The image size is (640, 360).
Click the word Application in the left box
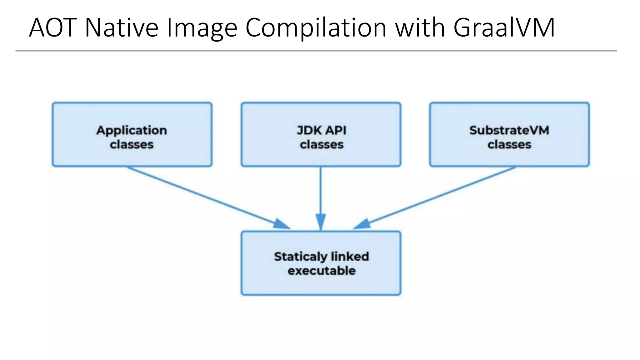(132, 130)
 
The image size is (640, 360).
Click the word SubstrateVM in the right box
(509, 130)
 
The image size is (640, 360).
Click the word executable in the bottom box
(322, 271)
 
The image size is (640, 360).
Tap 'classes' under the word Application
(132, 145)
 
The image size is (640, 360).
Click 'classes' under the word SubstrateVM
(509, 145)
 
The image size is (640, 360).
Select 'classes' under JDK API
(322, 145)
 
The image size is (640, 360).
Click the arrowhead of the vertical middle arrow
(321, 221)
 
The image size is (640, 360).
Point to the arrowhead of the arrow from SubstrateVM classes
(362, 224)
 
